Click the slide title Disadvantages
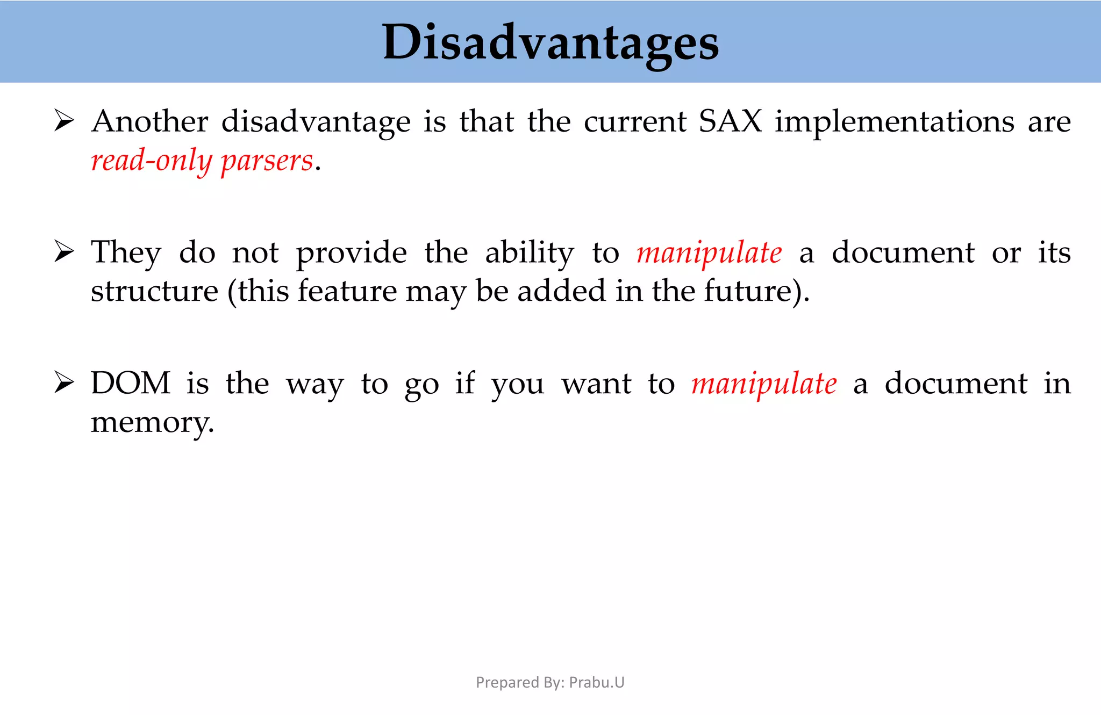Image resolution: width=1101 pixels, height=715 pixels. tap(550, 43)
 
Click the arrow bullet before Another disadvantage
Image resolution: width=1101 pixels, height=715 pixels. tap(64, 121)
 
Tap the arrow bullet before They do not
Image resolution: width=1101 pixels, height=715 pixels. tap(64, 252)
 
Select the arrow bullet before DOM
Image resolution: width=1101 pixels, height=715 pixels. tap(64, 383)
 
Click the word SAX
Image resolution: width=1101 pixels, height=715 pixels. tap(730, 121)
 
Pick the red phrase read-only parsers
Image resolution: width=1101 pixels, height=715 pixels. tap(202, 161)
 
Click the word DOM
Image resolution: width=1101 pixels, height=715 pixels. tap(131, 384)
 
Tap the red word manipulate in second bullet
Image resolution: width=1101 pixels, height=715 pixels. tap(709, 253)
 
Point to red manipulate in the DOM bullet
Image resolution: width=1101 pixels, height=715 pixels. tap(764, 384)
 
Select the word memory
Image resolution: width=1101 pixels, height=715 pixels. tap(152, 423)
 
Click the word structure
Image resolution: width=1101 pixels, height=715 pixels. tap(154, 291)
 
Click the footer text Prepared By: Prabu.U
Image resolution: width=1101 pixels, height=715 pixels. tap(550, 682)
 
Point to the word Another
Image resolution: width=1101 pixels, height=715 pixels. tap(150, 121)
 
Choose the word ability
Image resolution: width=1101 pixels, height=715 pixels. tap(530, 253)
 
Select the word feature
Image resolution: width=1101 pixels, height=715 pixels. tap(347, 291)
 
